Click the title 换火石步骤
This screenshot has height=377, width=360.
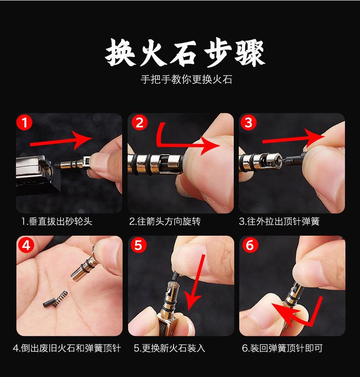185,52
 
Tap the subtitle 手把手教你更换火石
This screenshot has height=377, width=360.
186,80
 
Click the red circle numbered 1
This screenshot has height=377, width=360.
24,122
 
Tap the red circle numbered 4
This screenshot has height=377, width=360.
26,245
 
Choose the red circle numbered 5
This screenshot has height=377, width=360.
138,245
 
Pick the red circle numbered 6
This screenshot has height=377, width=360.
250,245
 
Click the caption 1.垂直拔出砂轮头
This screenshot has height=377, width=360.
57,222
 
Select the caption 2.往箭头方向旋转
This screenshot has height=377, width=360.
165,222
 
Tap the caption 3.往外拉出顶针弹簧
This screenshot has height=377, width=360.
279,222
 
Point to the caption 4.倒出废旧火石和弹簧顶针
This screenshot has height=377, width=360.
67,348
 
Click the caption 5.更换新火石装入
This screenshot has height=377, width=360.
170,348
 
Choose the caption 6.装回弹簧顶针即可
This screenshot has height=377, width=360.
282,348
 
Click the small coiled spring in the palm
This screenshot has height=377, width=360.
60,299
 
